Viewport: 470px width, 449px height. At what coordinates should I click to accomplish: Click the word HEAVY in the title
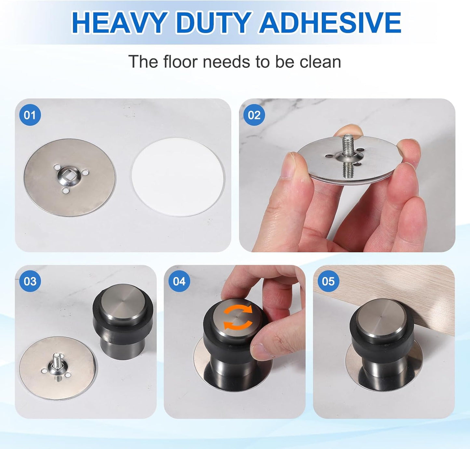119,23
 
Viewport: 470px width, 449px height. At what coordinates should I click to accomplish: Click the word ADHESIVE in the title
330,23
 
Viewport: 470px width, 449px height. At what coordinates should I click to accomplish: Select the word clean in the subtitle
320,62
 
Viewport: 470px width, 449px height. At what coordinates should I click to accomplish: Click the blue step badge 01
30,115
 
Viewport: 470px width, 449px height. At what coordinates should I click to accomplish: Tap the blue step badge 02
254,115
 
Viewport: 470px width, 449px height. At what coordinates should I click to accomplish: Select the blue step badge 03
30,281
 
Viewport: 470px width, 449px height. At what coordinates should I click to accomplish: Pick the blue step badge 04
179,281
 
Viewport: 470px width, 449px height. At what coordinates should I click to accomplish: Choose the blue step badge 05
328,281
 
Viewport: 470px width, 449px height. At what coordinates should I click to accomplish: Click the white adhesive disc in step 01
178,177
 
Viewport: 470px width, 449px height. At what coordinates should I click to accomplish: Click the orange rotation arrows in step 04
238,317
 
